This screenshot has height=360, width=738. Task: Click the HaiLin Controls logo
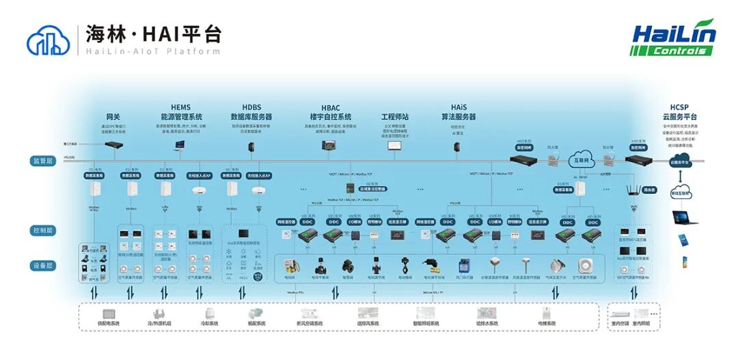674,40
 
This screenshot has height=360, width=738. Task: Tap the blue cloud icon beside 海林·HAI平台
48,40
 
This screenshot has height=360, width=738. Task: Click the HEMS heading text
180,107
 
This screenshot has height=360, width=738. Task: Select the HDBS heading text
251,107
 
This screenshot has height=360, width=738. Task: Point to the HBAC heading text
331,107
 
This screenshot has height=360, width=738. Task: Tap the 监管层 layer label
42,161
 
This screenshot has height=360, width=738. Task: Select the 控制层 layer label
42,231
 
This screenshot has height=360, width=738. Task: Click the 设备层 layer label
42,266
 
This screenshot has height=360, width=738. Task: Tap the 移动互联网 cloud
681,192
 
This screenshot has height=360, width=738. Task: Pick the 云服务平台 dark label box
680,163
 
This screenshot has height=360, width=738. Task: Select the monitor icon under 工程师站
394,147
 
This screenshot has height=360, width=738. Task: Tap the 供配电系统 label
109,323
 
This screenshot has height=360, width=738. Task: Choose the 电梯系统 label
546,323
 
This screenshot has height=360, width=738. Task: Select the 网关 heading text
113,116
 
